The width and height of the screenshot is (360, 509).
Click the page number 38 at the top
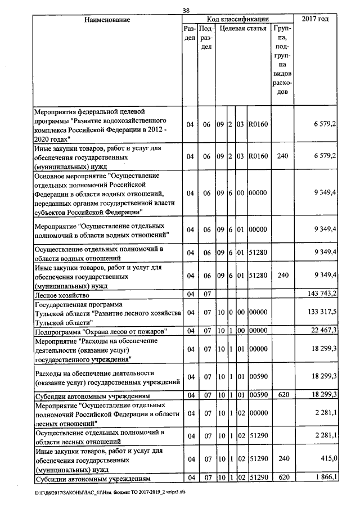coord(186,10)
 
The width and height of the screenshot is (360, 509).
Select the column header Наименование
coord(107,20)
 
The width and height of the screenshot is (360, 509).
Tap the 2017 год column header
coord(315,20)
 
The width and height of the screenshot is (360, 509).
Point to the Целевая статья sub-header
coord(242,28)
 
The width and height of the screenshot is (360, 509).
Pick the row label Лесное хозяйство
coord(62,294)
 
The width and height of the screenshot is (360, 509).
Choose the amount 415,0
coord(326,459)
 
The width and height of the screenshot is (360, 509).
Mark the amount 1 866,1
coord(322,477)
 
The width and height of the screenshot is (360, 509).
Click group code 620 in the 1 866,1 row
coord(282,478)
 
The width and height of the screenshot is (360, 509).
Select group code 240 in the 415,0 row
coord(282,459)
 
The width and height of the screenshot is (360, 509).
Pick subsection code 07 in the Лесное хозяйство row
coord(206,294)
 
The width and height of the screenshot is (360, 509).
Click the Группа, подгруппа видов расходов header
coord(282,59)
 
